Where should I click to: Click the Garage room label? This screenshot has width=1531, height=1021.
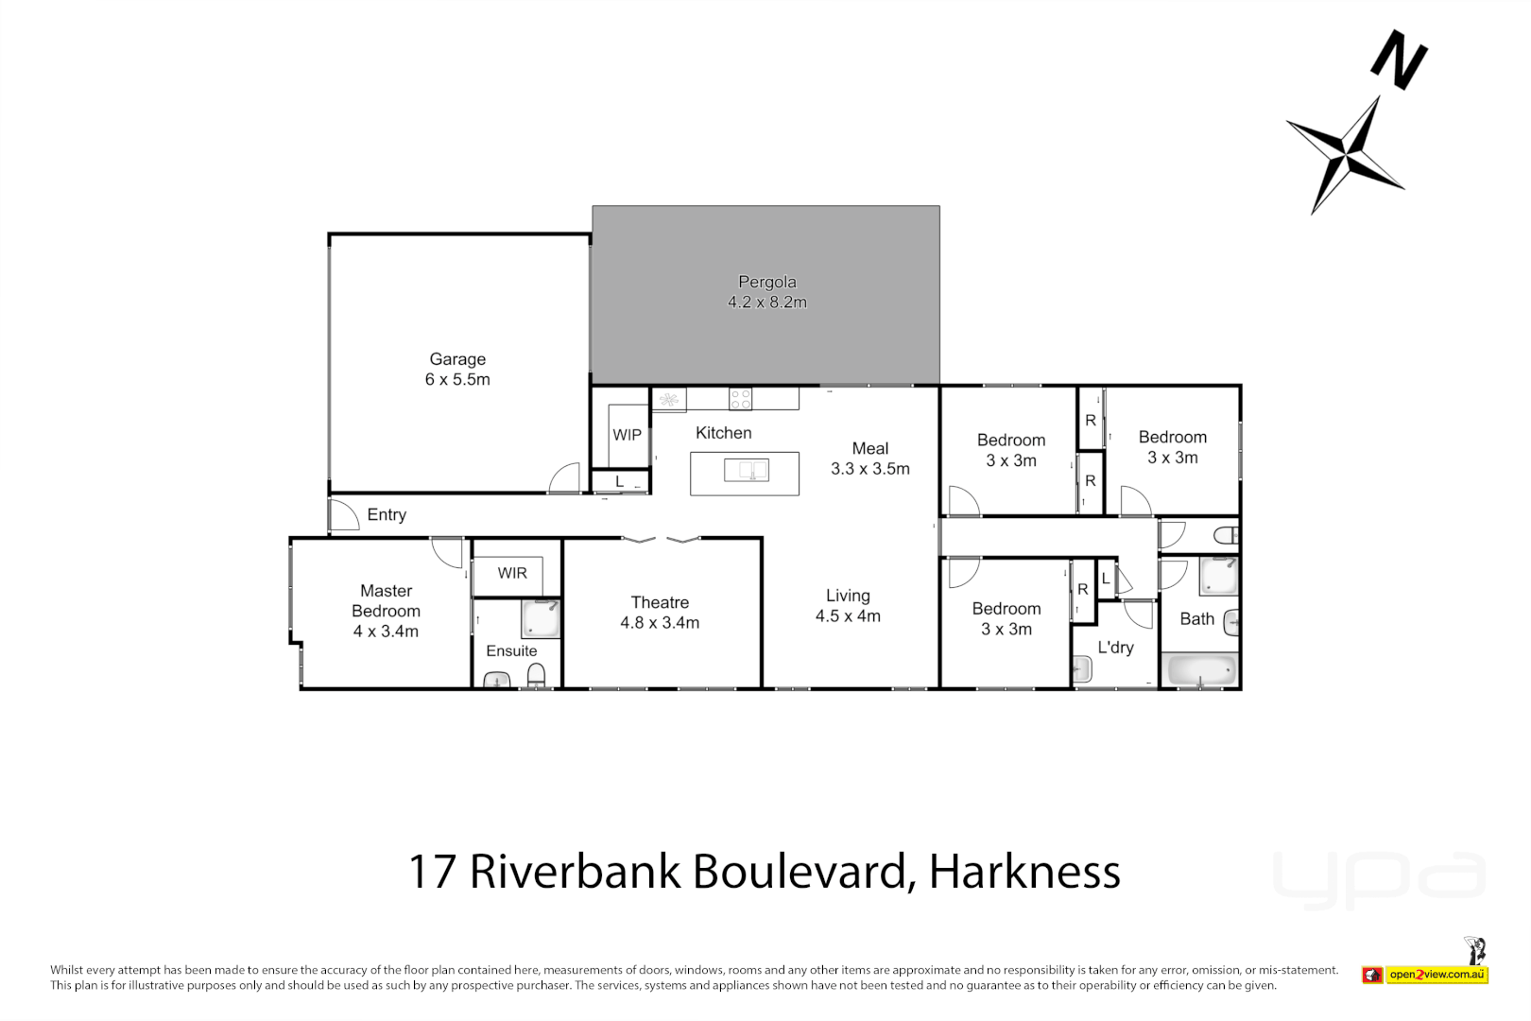457,369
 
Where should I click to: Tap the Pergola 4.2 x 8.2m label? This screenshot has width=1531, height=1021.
766,292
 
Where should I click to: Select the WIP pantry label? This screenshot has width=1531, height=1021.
627,435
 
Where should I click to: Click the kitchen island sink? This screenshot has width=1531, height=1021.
746,470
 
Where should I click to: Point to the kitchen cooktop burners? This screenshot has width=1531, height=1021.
740,399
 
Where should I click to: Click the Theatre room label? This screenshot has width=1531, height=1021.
660,613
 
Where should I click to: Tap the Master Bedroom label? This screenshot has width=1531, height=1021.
386,611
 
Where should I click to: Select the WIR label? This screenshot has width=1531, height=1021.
512,573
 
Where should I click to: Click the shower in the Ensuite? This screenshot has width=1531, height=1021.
541,618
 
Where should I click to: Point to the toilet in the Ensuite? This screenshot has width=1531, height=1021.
536,675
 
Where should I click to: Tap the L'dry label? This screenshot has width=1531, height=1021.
1115,648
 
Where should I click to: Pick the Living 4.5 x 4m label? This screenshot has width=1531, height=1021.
848,606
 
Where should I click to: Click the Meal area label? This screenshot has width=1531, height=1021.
869,459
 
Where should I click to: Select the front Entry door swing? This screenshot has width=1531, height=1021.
342,514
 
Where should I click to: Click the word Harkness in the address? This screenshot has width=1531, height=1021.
1024,872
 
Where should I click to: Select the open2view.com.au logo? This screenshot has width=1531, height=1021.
1437,975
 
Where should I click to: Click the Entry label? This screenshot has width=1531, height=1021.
387,515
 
